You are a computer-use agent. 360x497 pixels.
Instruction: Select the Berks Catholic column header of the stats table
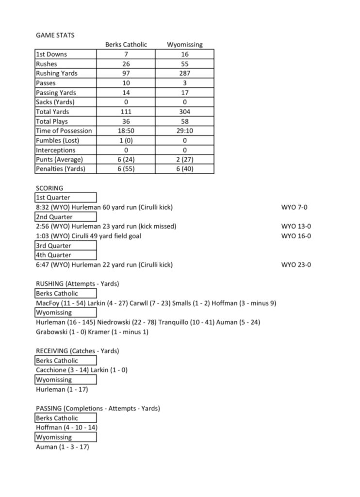[x=126, y=45]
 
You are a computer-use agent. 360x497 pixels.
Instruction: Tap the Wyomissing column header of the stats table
[x=185, y=45]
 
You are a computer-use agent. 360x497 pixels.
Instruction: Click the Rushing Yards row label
[x=57, y=73]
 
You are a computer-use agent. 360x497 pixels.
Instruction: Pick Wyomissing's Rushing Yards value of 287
[x=185, y=73]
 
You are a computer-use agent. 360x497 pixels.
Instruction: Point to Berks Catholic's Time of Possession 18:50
[x=126, y=131]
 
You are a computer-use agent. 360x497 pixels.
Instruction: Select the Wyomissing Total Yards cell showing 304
[x=185, y=112]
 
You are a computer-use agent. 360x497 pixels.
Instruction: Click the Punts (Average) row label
[x=59, y=160]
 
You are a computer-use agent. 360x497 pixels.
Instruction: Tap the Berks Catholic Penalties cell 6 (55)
[x=126, y=169]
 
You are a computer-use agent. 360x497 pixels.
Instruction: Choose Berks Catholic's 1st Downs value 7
[x=126, y=54]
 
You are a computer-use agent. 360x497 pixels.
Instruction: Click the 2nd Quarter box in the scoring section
[x=54, y=217]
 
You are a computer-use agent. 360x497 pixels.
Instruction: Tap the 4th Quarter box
[x=53, y=255]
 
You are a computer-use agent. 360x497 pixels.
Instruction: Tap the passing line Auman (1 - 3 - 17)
[x=63, y=447]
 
